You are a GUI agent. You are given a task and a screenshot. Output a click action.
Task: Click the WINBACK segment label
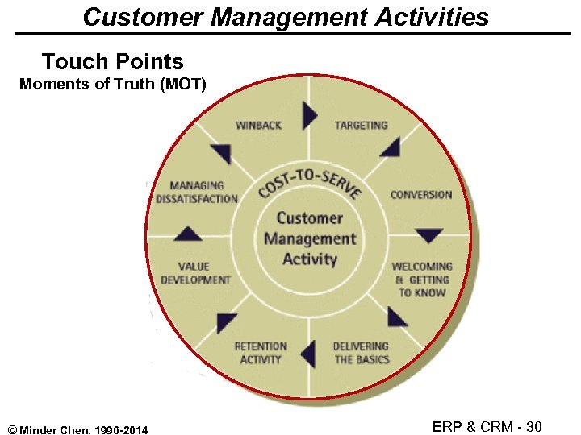click(258, 126)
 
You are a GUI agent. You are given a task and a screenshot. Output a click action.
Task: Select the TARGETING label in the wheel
click(361, 126)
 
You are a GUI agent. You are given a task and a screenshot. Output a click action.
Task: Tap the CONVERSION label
click(420, 194)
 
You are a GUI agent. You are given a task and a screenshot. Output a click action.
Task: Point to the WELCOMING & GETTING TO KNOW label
click(422, 279)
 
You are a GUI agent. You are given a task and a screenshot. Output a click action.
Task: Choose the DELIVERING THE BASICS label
click(361, 353)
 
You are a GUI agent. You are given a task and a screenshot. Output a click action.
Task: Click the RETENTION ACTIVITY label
click(261, 353)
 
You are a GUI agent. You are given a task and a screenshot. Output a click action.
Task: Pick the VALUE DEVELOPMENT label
click(195, 272)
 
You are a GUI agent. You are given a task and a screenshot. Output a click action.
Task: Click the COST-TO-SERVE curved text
click(309, 183)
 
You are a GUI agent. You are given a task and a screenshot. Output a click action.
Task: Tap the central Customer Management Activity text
click(309, 238)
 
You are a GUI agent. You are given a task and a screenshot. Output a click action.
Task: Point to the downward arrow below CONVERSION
click(428, 235)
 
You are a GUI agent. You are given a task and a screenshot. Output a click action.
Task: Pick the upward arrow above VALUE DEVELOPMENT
click(188, 234)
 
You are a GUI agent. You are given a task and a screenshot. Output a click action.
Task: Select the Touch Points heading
click(112, 61)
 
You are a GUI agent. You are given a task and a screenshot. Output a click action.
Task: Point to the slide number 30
click(533, 426)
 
